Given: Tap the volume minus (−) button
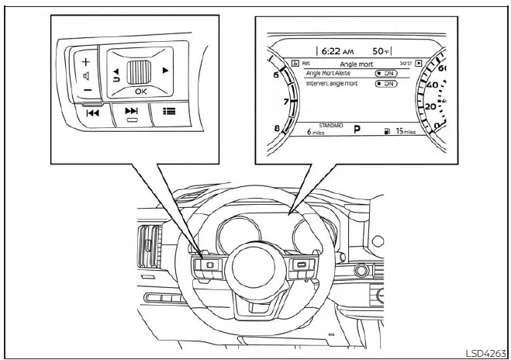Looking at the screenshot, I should click(x=86, y=89).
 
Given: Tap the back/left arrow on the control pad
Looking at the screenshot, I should click(x=117, y=72).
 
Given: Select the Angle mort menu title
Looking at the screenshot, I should click(x=356, y=64).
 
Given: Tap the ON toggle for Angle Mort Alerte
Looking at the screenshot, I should click(x=386, y=74).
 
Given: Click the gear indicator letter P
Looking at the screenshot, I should click(x=357, y=130).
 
